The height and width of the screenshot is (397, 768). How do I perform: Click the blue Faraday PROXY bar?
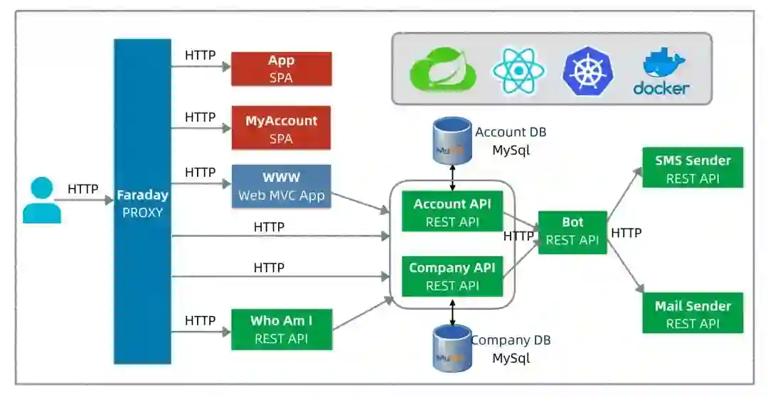tap(142, 202)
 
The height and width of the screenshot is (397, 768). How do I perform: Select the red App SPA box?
tap(282, 69)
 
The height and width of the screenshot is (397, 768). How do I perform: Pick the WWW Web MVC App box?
tap(281, 186)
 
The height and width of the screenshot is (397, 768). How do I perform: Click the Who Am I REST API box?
tap(282, 330)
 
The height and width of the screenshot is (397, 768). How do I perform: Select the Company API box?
tap(452, 276)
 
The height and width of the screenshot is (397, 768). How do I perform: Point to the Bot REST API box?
tap(572, 232)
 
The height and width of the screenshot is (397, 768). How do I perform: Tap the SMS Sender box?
tap(693, 167)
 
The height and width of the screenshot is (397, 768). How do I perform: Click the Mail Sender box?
tap(693, 313)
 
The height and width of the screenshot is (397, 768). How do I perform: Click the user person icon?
tap(42, 200)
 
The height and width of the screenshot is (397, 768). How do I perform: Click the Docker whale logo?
tap(662, 71)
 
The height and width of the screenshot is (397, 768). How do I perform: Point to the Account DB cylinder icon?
tap(452, 141)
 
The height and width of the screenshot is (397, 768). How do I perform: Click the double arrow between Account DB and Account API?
tap(452, 178)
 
